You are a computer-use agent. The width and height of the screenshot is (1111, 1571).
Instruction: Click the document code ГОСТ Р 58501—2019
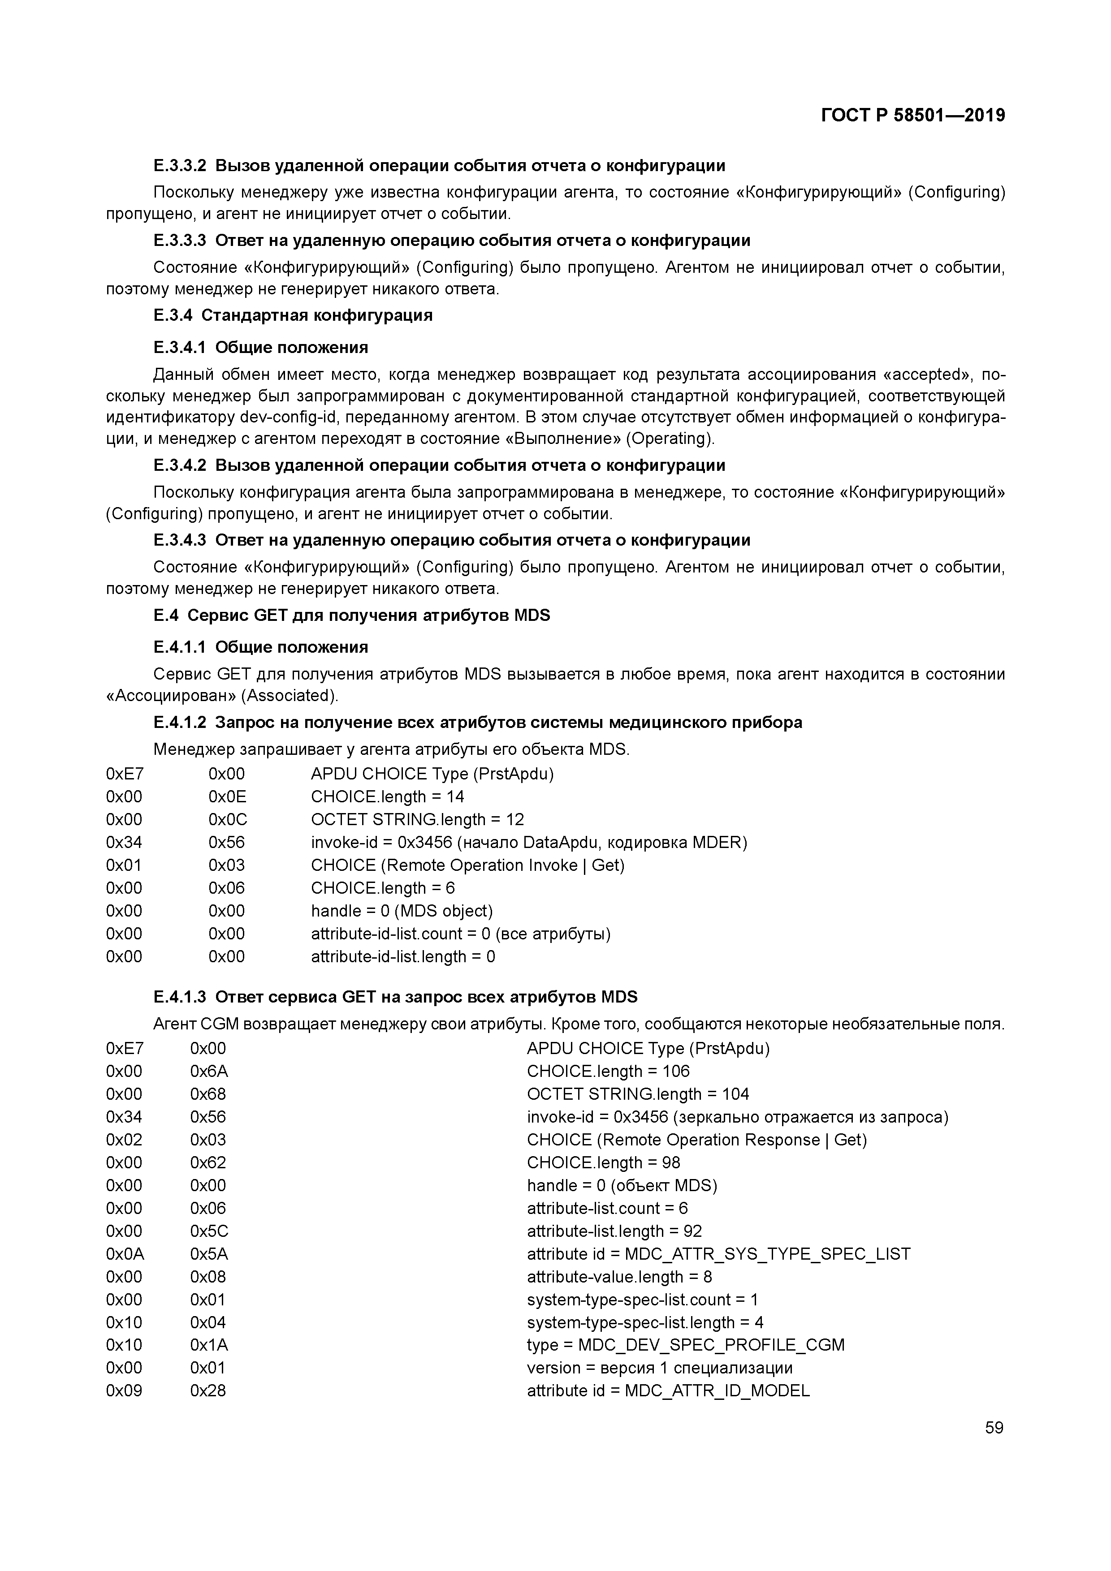coord(912,116)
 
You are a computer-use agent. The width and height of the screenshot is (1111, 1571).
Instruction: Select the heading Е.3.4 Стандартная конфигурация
coord(293,315)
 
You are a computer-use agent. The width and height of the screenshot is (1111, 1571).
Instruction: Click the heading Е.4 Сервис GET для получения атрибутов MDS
coord(351,615)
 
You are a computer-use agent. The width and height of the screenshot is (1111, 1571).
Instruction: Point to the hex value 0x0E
coord(227,796)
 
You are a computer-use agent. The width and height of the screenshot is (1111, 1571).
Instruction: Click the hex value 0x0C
coord(227,819)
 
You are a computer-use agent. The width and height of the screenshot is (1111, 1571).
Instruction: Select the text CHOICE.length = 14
coord(388,796)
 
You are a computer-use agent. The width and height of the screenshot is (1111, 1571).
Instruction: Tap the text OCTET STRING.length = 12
coord(417,819)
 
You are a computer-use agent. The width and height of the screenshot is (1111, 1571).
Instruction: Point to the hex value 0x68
coord(208,1093)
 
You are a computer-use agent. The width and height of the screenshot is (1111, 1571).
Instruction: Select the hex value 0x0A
coord(125,1253)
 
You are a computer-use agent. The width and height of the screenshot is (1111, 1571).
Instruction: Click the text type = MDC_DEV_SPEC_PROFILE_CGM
coord(685,1344)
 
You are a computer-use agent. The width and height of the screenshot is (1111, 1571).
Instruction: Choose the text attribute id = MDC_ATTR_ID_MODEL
coord(668,1390)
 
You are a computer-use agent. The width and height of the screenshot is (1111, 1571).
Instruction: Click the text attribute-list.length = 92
coord(614,1231)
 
